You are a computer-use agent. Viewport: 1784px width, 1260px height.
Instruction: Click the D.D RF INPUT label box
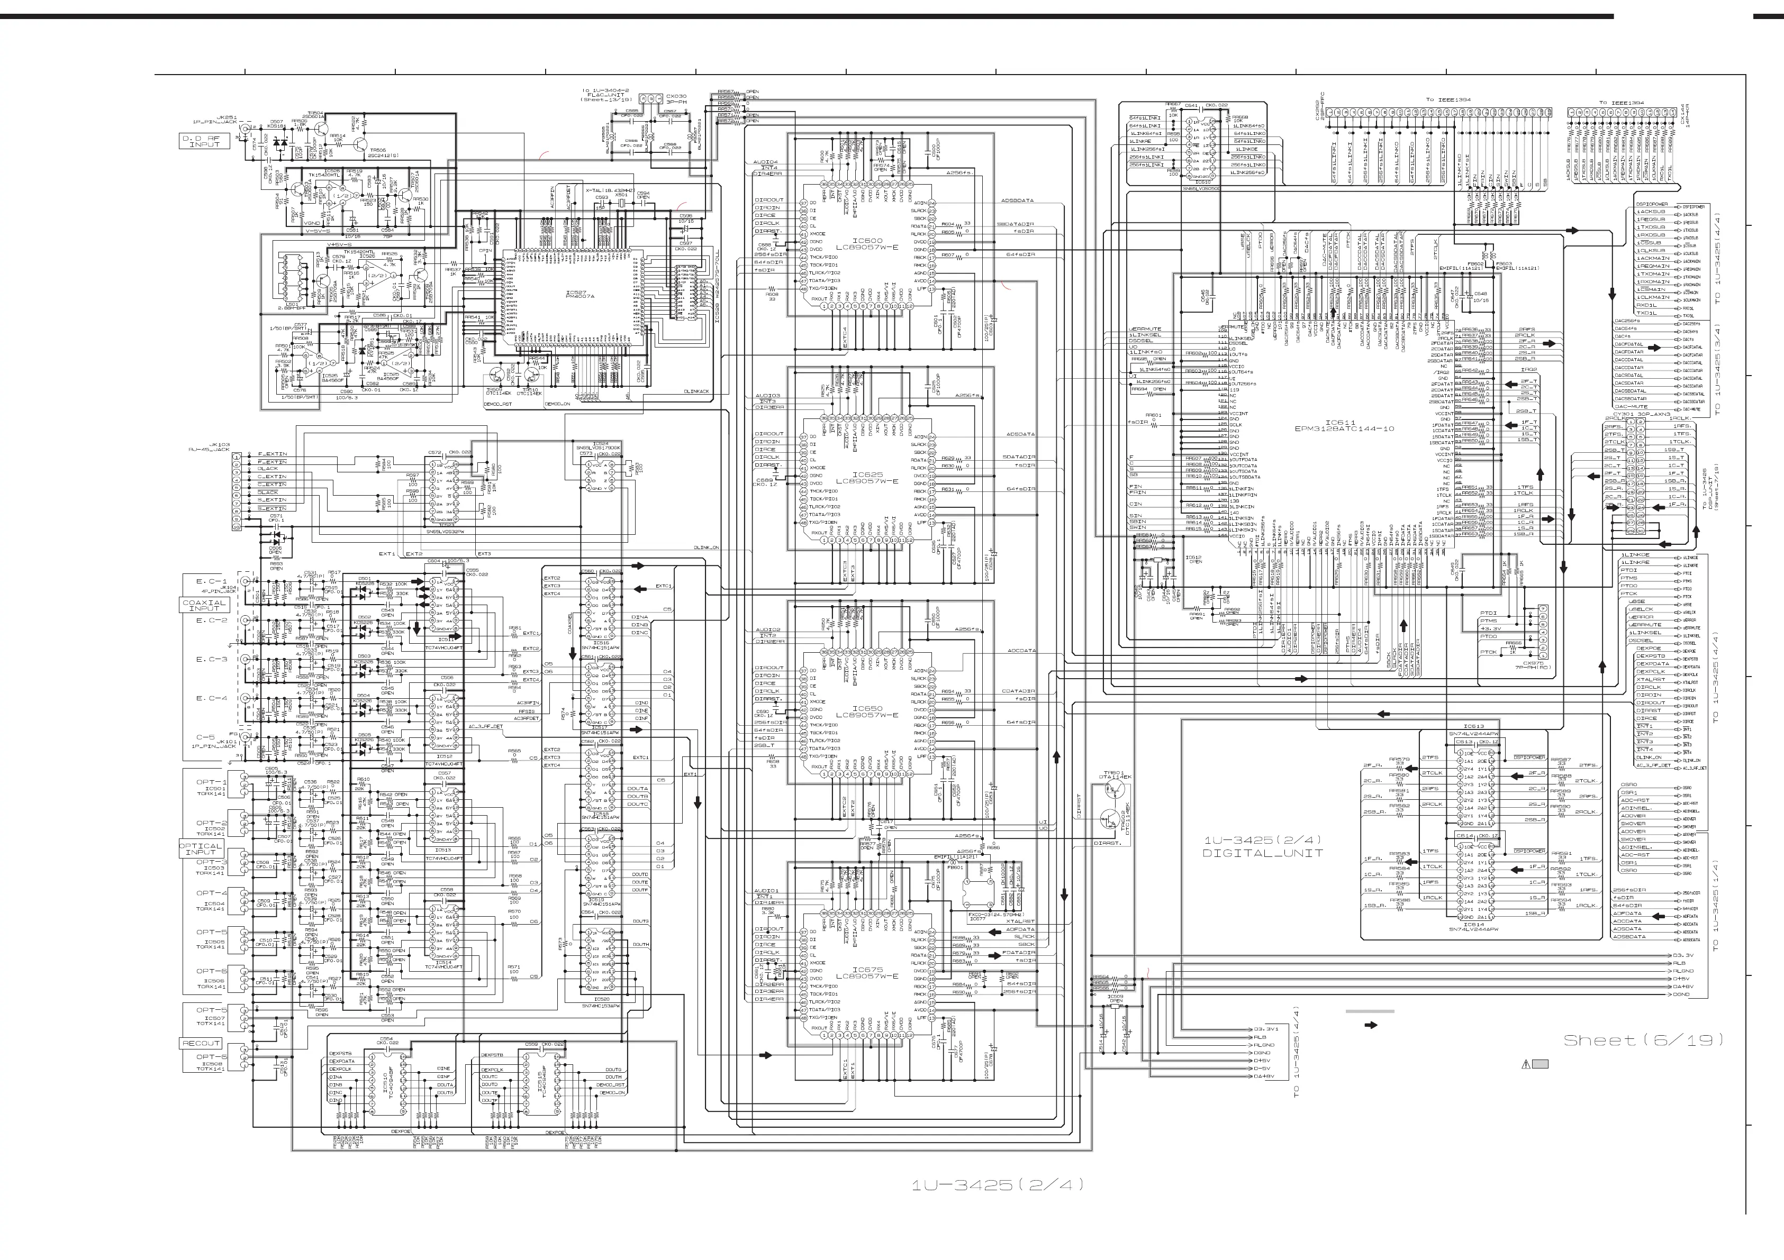tap(200, 141)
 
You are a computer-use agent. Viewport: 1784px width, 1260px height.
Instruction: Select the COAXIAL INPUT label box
tap(204, 605)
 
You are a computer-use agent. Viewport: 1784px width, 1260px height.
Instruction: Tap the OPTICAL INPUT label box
tap(201, 849)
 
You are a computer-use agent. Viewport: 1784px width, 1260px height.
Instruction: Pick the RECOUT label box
tap(201, 1043)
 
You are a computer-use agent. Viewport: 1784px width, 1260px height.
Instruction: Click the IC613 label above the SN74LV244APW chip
tap(1474, 726)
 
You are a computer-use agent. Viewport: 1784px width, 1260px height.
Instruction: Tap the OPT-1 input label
tap(211, 782)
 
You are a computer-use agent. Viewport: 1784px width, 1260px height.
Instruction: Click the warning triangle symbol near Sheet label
tap(1526, 1065)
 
